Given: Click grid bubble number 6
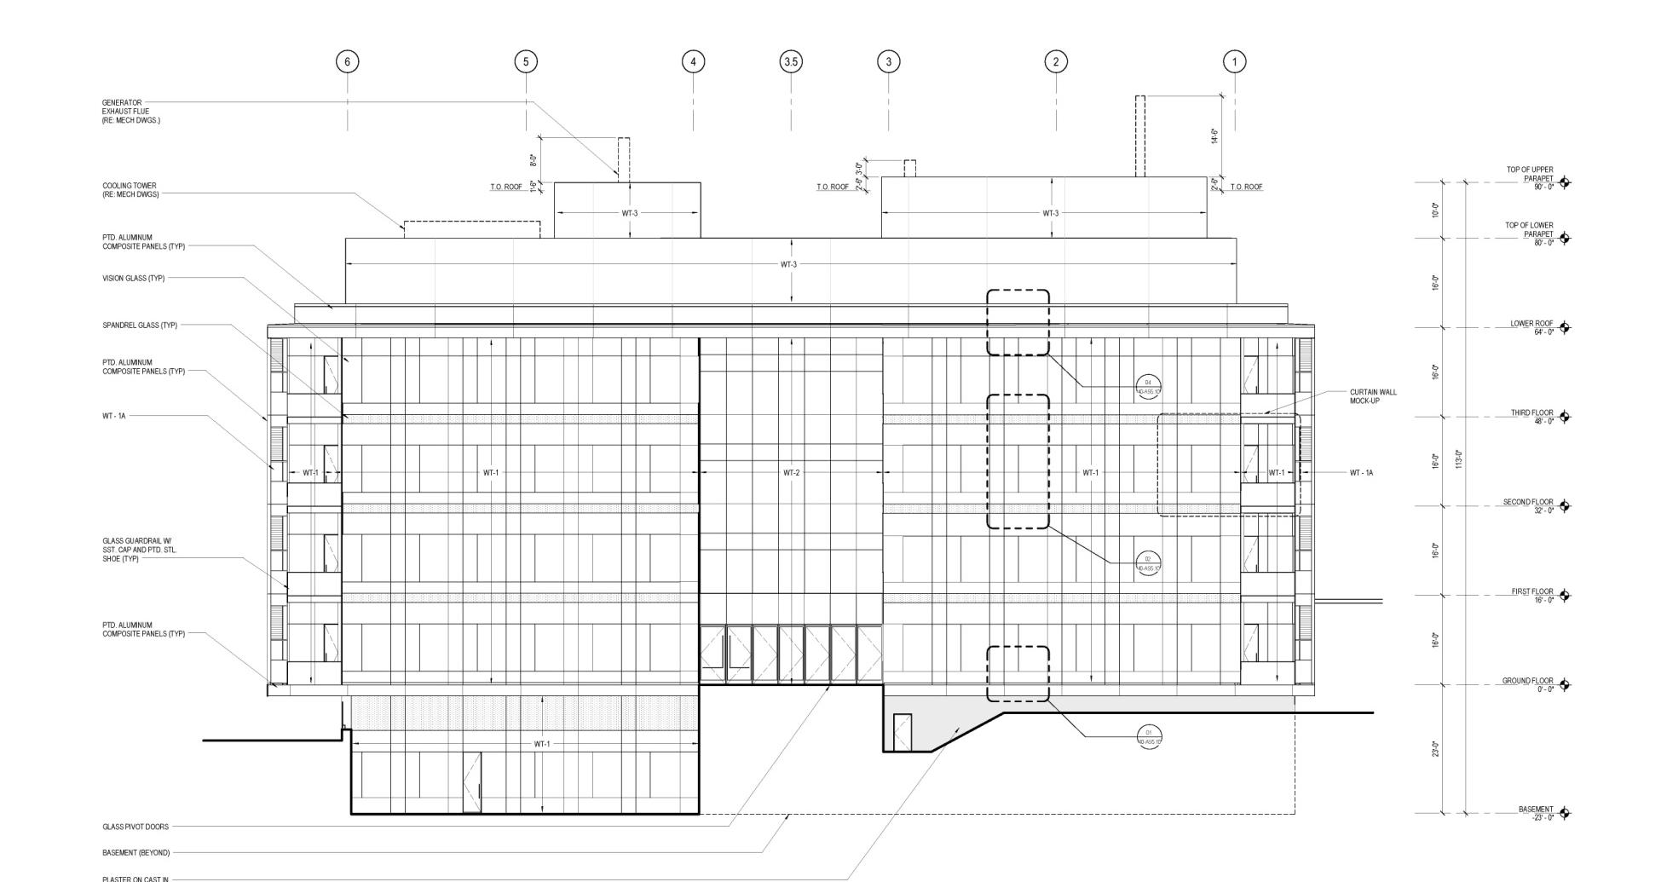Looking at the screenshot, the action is pyautogui.click(x=347, y=61).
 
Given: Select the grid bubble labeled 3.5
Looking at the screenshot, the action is pyautogui.click(x=791, y=61).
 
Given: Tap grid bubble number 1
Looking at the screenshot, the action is pyautogui.click(x=1234, y=61).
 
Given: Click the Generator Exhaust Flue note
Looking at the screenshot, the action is pyautogui.click(x=130, y=112).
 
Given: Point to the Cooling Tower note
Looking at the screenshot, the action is pyautogui.click(x=130, y=190).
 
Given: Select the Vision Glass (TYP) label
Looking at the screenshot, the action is pyautogui.click(x=134, y=279).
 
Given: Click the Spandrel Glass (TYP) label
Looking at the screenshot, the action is pyautogui.click(x=140, y=326).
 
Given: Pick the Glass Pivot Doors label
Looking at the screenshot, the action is pyautogui.click(x=136, y=827).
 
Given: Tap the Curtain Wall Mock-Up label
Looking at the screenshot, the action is pyautogui.click(x=1373, y=396).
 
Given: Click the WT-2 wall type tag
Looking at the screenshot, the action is pyautogui.click(x=791, y=473).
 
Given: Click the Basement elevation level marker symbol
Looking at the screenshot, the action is pyautogui.click(x=1564, y=813).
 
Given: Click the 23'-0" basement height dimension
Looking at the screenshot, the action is pyautogui.click(x=1435, y=749).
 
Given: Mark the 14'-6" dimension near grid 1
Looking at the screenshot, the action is pyautogui.click(x=1214, y=136).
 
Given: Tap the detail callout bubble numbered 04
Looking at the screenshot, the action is pyautogui.click(x=1148, y=387).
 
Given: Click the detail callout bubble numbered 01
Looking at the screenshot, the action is pyautogui.click(x=1149, y=737).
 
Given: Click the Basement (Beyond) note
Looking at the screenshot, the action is pyautogui.click(x=136, y=853).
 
